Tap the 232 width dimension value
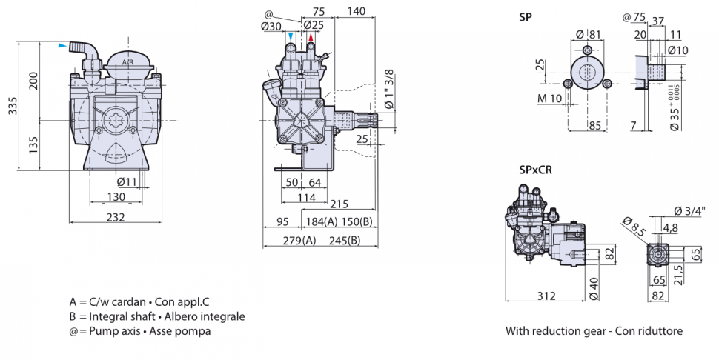coord(115,216)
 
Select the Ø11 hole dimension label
coord(127,181)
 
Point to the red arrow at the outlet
coord(311,37)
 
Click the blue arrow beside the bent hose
coord(62,45)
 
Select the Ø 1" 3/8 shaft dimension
coord(389,89)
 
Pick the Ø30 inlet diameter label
coord(271,26)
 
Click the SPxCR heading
coord(536,170)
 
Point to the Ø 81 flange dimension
coord(588,34)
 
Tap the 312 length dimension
coord(546,296)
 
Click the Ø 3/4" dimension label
coord(689,210)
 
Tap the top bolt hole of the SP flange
coord(587,50)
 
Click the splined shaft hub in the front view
coord(115,121)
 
